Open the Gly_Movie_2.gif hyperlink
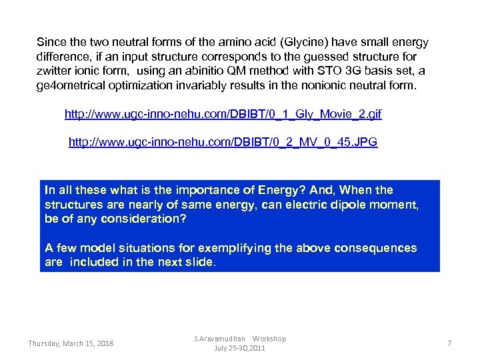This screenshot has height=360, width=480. coord(223,115)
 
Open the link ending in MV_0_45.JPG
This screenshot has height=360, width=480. coord(223,143)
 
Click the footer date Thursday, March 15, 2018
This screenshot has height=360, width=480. coord(71,343)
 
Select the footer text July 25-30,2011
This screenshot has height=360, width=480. coord(240,348)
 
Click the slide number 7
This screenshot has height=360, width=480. coord(449,343)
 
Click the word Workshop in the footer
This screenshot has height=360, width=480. coord(269,339)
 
